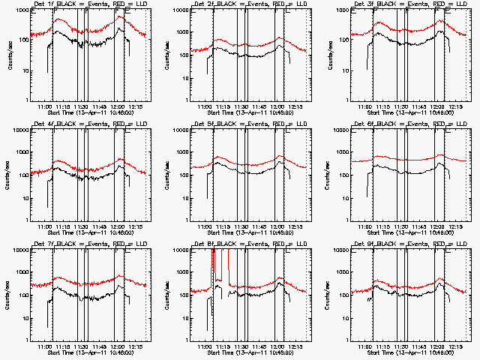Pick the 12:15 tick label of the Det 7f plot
tap(136, 346)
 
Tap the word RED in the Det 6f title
tap(435, 124)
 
